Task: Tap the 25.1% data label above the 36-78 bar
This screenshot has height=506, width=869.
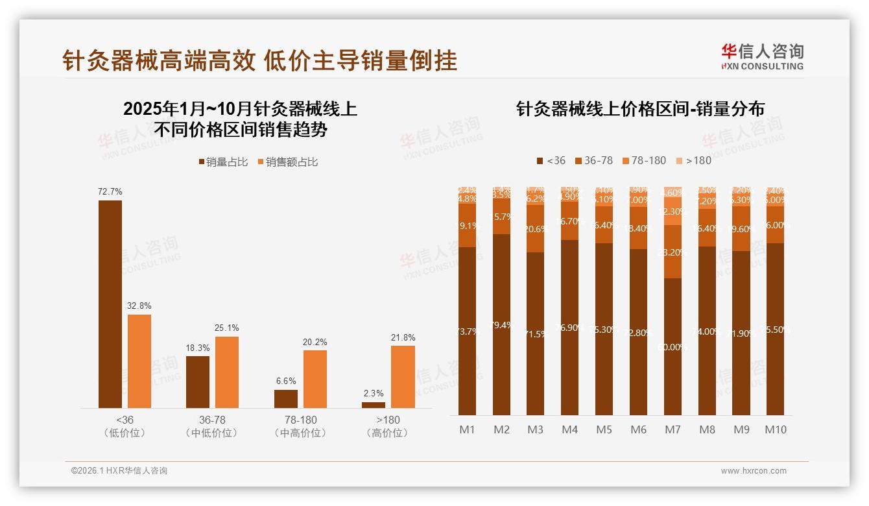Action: (x=226, y=328)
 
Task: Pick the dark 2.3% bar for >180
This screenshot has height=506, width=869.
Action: (x=374, y=405)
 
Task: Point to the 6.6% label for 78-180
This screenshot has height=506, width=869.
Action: (x=285, y=381)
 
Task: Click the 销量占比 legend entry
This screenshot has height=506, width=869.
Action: (x=223, y=162)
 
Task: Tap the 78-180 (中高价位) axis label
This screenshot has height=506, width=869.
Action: (x=300, y=426)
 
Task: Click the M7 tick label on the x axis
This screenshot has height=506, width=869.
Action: (x=673, y=429)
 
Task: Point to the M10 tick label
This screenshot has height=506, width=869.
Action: (x=775, y=429)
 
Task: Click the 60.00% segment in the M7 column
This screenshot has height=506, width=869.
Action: (x=673, y=346)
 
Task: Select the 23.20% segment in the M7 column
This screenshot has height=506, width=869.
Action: (x=673, y=252)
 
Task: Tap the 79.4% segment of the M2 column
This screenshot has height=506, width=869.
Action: (x=501, y=324)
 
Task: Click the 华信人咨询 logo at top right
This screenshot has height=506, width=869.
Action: (x=762, y=56)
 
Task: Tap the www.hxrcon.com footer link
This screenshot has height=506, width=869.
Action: (x=754, y=471)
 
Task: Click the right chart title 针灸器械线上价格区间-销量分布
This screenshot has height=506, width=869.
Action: (x=640, y=109)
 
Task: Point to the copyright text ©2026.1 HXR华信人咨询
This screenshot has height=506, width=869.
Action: (x=119, y=471)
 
